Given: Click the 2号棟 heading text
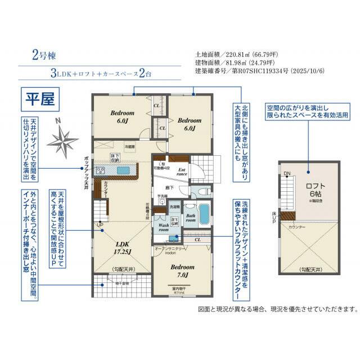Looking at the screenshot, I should pyautogui.click(x=43, y=56).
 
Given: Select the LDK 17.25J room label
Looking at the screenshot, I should pyautogui.click(x=123, y=247).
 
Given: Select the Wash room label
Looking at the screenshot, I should pyautogui.click(x=164, y=228).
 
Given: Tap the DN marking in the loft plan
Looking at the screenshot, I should pyautogui.click(x=286, y=173).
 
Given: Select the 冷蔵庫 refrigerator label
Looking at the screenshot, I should pyautogui.click(x=130, y=146).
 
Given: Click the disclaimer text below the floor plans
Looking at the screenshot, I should pyautogui.click(x=278, y=309).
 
